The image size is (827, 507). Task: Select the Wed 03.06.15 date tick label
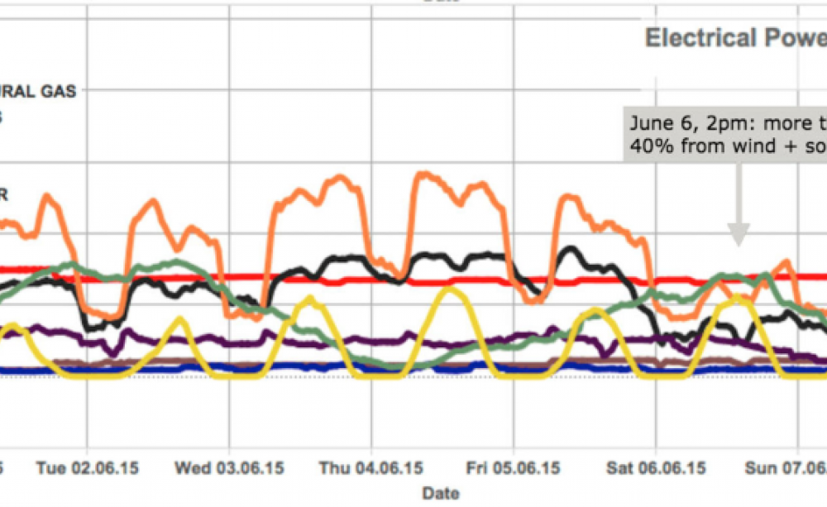coord(228,468)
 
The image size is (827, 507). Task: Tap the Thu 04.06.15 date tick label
coord(372,468)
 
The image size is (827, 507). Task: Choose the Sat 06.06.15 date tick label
coord(657,468)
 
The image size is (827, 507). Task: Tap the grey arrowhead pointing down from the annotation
coord(739,236)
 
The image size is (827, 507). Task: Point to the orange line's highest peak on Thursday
coord(424,175)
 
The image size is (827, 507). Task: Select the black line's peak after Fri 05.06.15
coord(570,248)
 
